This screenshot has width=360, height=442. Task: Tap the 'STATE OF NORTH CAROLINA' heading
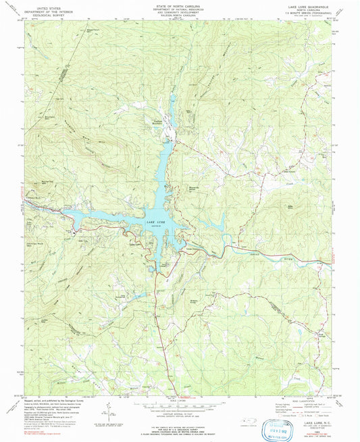[180, 4]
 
